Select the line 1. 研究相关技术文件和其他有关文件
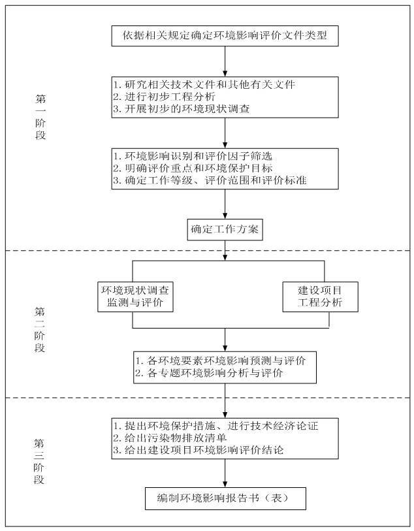[x=204, y=85]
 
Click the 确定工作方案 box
[x=225, y=229]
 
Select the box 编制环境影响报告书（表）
[x=225, y=498]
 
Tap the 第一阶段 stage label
[x=40, y=118]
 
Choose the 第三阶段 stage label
[x=40, y=461]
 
